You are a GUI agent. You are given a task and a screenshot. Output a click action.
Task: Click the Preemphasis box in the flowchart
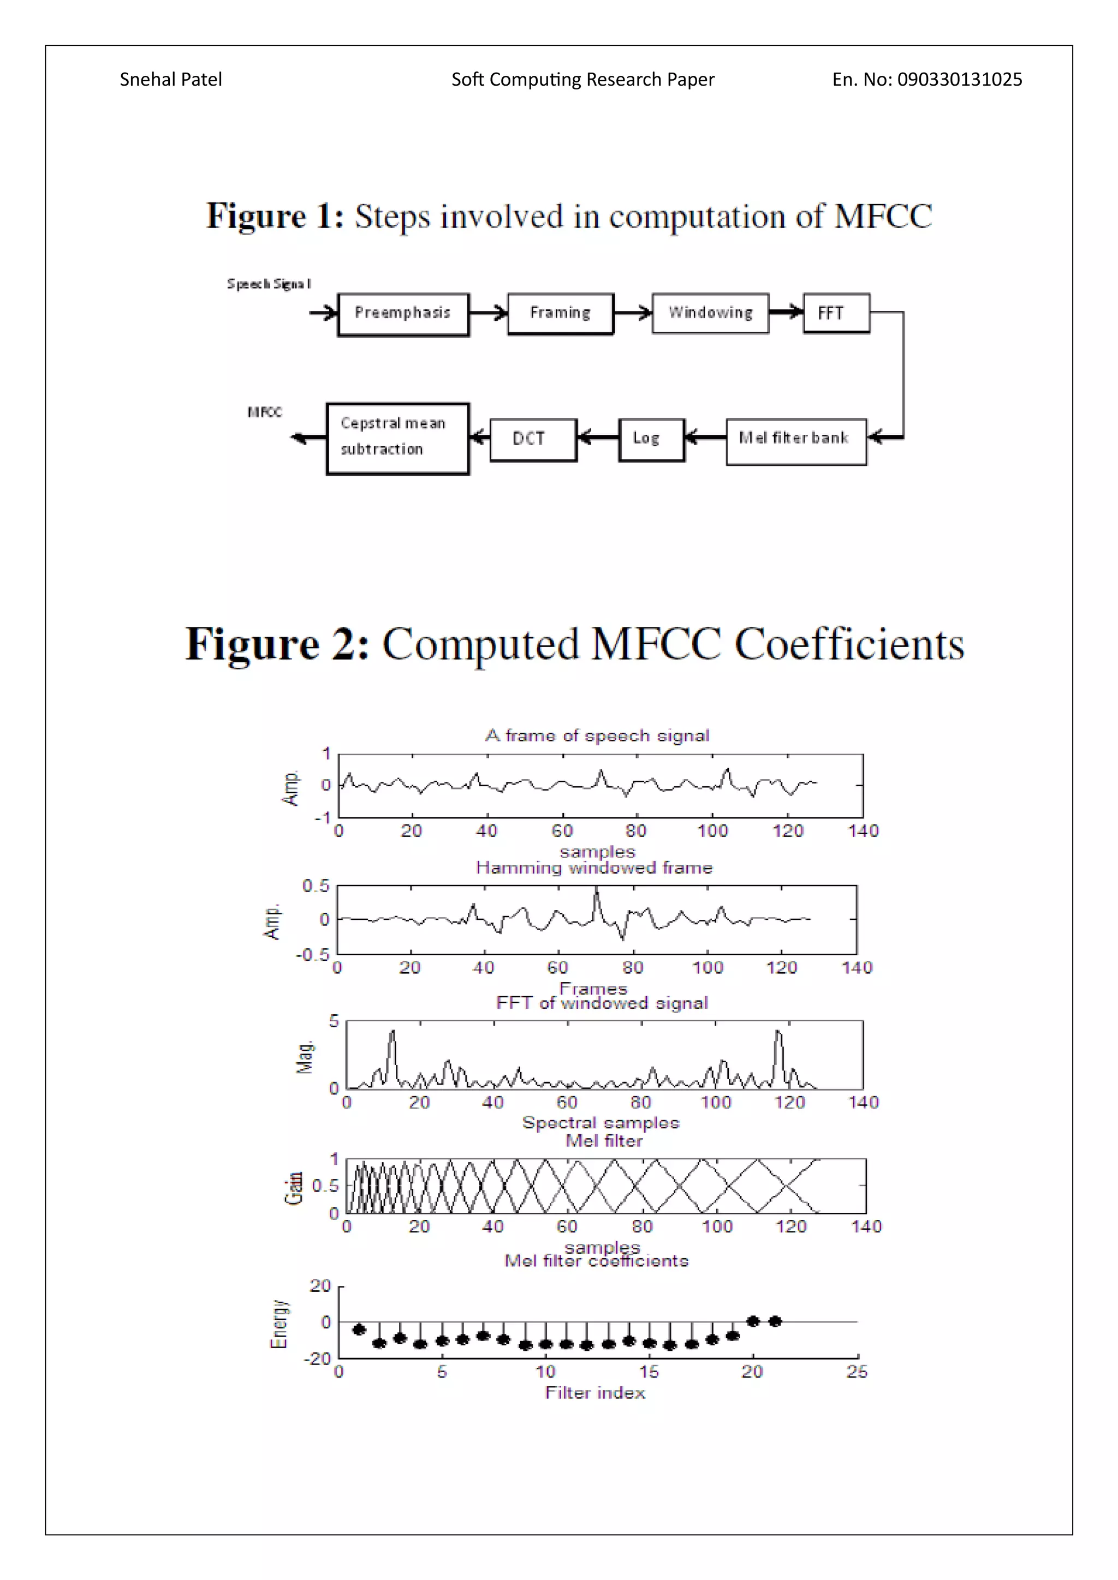pyautogui.click(x=403, y=314)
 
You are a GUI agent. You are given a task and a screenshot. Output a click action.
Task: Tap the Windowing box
pyautogui.click(x=710, y=314)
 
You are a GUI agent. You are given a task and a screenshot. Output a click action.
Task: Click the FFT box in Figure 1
pyautogui.click(x=836, y=314)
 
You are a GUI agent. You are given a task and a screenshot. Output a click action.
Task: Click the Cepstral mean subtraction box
pyautogui.click(x=397, y=438)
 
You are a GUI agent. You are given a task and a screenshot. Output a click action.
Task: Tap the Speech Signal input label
pyautogui.click(x=269, y=284)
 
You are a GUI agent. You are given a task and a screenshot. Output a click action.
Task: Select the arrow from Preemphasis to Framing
pyautogui.click(x=488, y=313)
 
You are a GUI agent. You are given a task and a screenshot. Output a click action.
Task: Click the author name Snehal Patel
pyautogui.click(x=171, y=80)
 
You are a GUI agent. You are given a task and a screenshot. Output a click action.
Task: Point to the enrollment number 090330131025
pyautogui.click(x=959, y=80)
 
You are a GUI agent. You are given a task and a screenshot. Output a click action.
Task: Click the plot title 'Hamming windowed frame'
pyautogui.click(x=594, y=868)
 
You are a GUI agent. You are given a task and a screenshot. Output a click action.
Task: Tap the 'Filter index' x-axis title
pyautogui.click(x=595, y=1392)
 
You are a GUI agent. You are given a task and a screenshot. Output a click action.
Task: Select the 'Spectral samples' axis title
pyautogui.click(x=600, y=1122)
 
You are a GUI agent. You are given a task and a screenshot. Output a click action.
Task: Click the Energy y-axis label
pyautogui.click(x=279, y=1324)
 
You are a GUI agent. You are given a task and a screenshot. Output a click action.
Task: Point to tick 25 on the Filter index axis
pyautogui.click(x=857, y=1372)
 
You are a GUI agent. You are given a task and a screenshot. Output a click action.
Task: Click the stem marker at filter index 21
pyautogui.click(x=775, y=1320)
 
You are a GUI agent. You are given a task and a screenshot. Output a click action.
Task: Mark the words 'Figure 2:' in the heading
pyautogui.click(x=277, y=645)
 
